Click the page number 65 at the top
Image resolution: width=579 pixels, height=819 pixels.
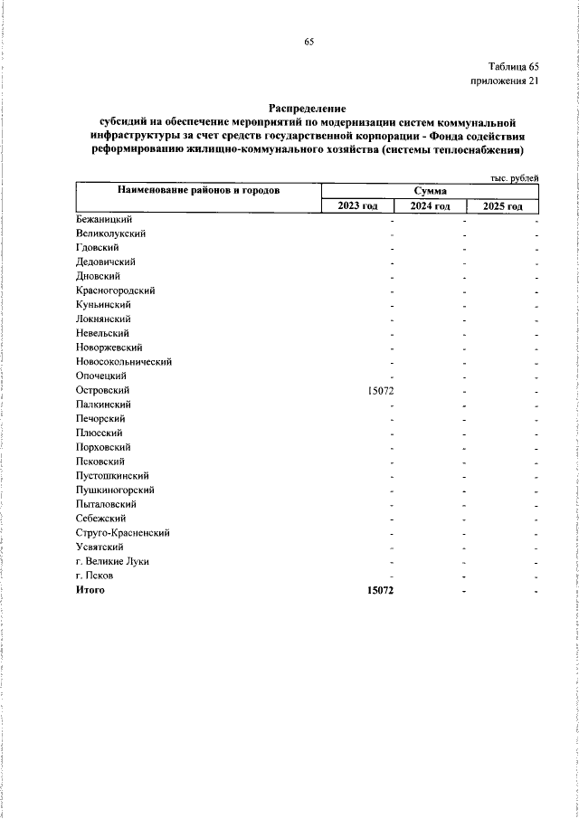308,42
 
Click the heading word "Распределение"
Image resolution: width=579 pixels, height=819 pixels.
308,108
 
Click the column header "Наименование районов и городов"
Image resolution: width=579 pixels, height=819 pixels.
197,190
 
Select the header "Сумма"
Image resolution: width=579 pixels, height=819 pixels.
430,191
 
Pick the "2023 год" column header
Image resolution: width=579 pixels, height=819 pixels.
358,206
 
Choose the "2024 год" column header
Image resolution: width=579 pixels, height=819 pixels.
430,206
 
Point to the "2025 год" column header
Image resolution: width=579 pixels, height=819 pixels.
503,206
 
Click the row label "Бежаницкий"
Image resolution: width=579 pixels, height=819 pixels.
106,219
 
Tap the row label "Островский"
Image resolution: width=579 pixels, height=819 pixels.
104,390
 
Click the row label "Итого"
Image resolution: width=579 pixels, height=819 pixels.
90,590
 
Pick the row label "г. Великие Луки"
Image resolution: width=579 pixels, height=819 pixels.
113,561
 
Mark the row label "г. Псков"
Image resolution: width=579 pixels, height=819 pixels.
96,576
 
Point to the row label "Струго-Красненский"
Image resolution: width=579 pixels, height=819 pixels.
124,533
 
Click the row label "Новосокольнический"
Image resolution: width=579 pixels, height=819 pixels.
125,361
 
